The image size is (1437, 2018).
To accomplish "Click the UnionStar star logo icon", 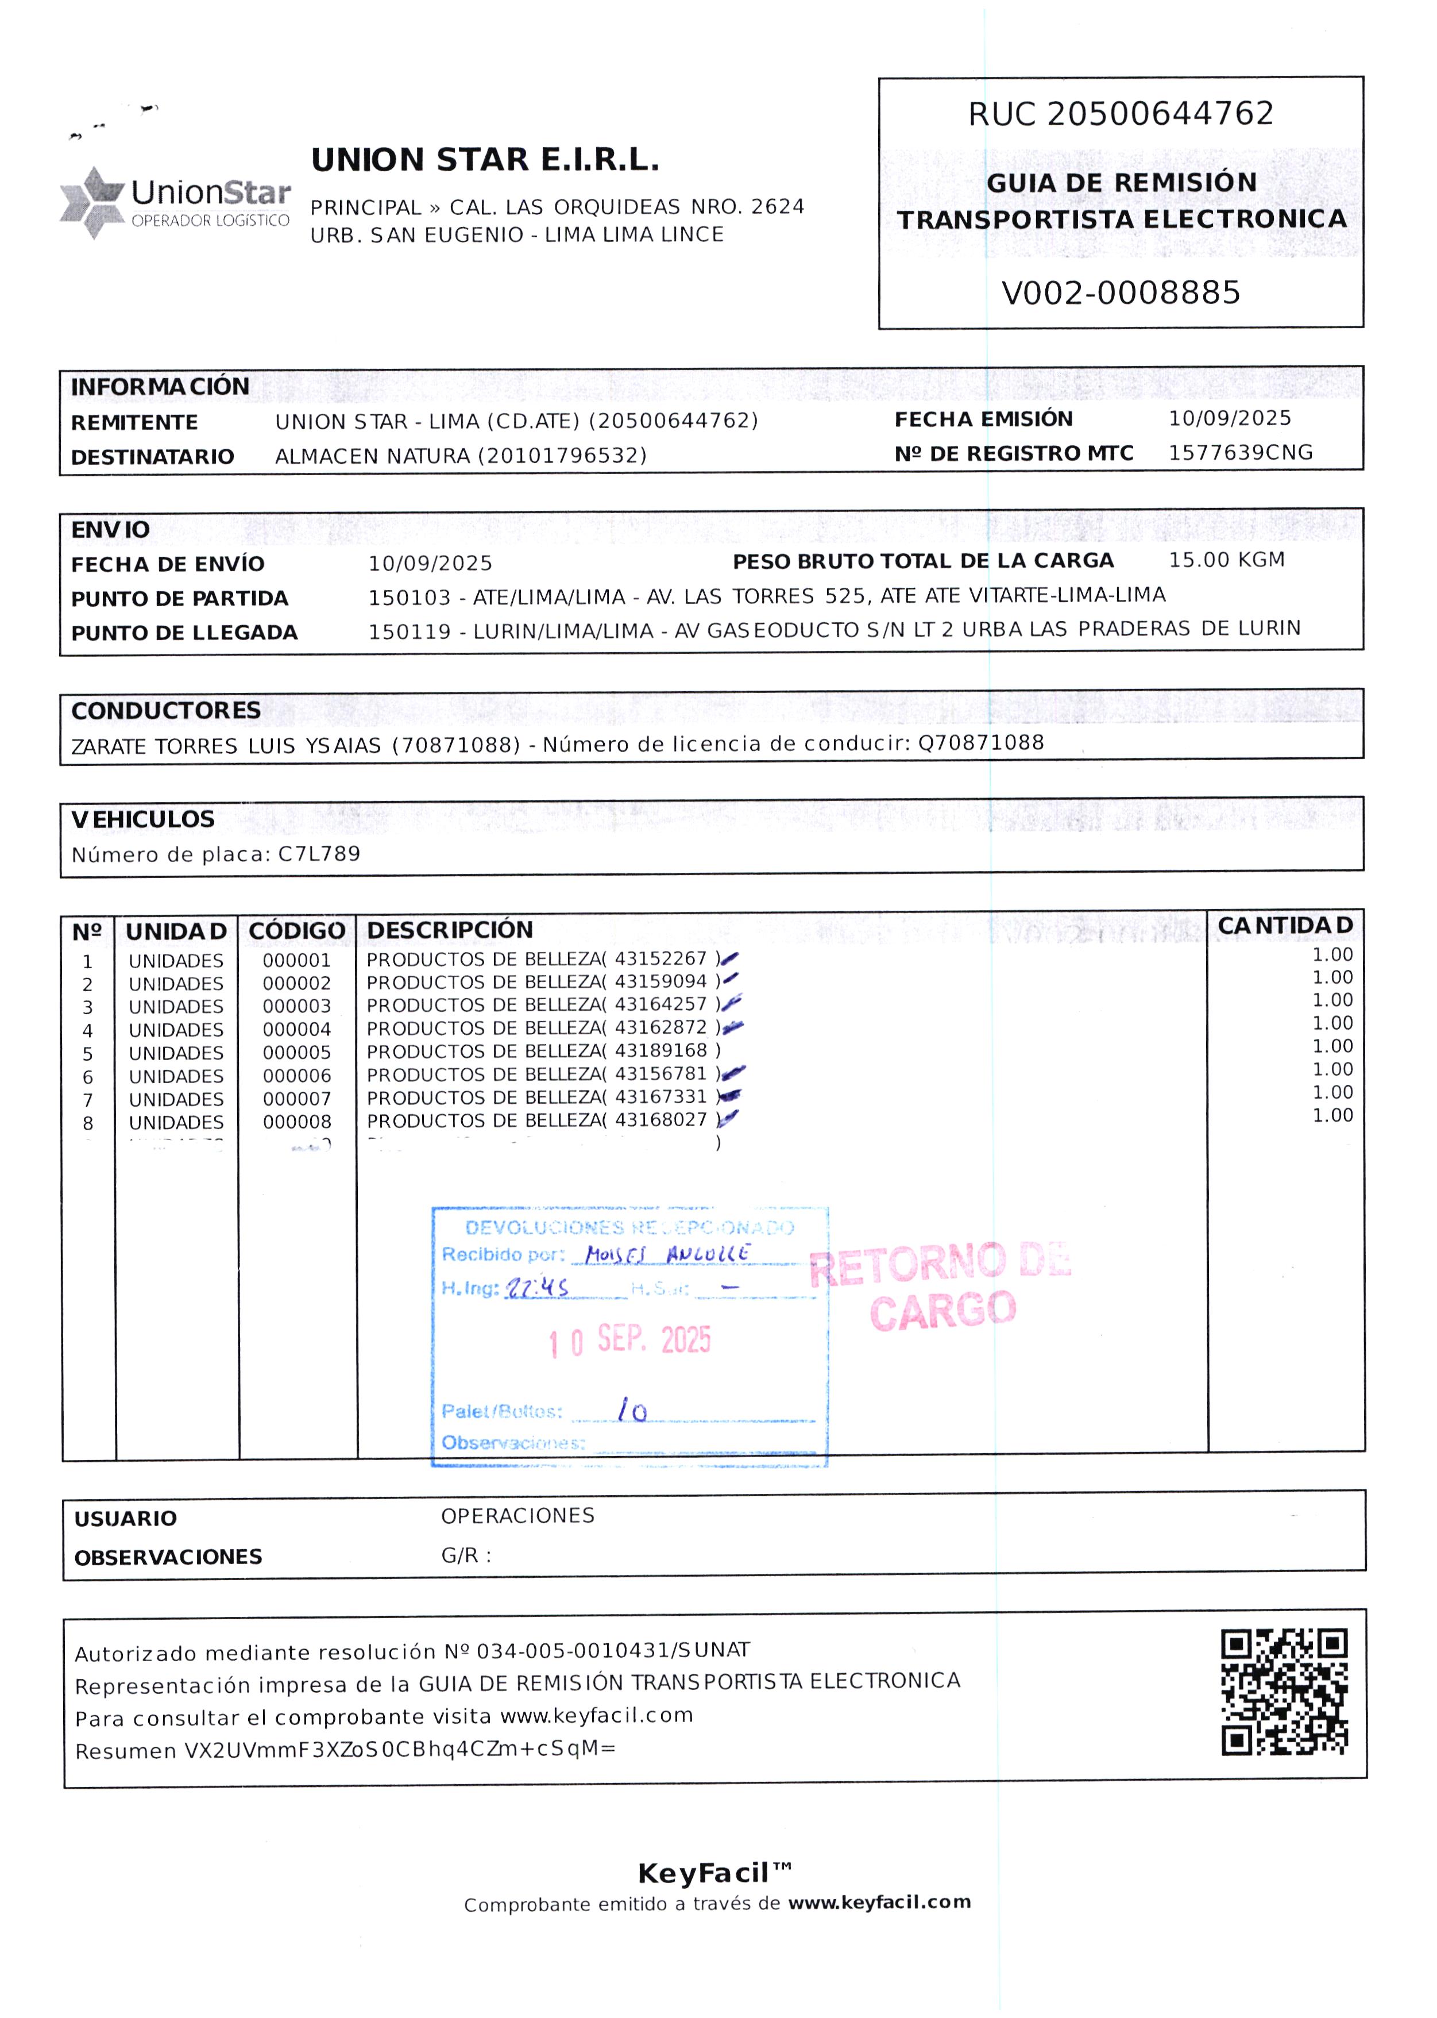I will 92,201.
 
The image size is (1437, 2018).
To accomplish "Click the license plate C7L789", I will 319,854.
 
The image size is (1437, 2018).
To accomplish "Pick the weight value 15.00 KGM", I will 1226,560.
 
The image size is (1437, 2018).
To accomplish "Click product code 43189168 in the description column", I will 661,1050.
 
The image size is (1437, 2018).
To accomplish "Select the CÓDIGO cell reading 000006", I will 296,1076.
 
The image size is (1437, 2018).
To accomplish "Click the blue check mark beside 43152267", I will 730,958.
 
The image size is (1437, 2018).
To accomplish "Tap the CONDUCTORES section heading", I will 165,711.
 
